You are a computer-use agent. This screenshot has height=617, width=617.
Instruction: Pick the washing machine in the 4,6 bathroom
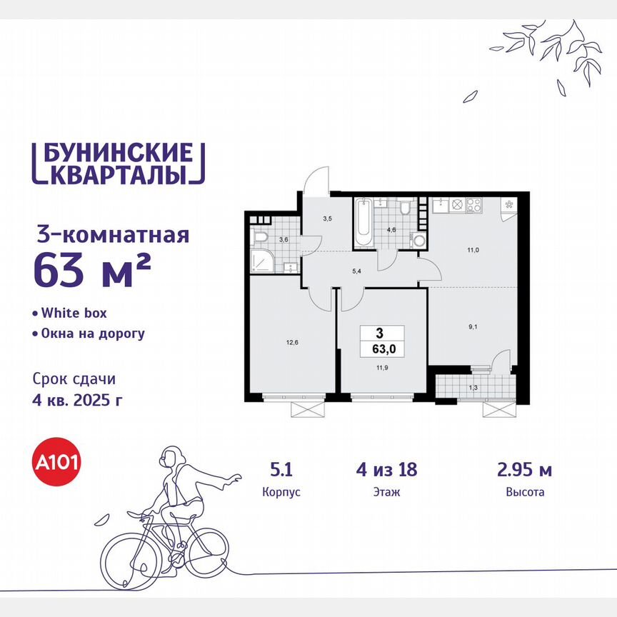(421, 240)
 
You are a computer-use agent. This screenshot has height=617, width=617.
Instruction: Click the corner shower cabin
(261, 262)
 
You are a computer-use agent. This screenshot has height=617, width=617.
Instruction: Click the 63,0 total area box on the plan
(383, 341)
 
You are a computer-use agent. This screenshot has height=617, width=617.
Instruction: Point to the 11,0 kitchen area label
(473, 251)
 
